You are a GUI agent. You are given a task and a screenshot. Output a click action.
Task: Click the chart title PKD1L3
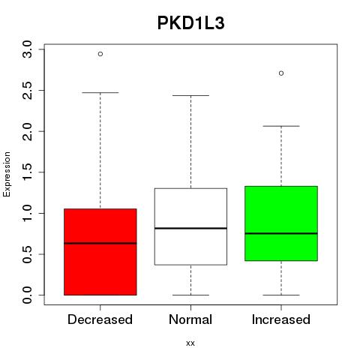click(x=190, y=23)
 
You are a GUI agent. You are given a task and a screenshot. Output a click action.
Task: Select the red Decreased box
click(x=100, y=252)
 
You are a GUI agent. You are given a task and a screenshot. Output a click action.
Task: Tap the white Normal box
click(x=190, y=226)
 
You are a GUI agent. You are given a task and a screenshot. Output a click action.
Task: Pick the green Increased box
click(x=281, y=223)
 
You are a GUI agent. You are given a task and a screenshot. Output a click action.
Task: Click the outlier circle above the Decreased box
click(x=100, y=54)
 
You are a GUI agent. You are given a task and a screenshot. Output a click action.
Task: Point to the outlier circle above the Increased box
click(x=281, y=73)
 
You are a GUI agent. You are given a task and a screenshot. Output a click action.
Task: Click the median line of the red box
click(x=100, y=243)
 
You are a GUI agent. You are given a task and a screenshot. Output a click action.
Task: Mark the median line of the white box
click(x=190, y=228)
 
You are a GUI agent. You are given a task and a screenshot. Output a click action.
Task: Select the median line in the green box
click(x=281, y=233)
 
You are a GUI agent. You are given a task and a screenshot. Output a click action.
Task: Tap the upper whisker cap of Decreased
click(x=100, y=93)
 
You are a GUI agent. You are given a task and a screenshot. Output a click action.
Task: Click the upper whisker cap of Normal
click(x=190, y=95)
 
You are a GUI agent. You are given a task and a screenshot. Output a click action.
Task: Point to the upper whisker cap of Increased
click(x=281, y=126)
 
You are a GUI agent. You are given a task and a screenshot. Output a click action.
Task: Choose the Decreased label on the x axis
click(x=100, y=319)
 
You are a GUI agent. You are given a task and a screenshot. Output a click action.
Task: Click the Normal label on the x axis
click(x=190, y=319)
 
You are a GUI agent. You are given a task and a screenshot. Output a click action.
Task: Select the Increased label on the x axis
click(x=281, y=319)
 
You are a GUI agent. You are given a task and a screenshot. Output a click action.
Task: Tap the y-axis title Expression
click(x=7, y=174)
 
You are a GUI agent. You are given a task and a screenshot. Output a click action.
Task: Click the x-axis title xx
click(x=190, y=343)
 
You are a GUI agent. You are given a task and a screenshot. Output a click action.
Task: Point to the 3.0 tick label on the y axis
click(x=27, y=49)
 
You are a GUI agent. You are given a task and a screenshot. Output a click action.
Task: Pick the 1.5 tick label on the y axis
click(x=27, y=172)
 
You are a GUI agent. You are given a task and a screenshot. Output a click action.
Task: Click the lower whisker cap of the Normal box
click(x=190, y=295)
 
